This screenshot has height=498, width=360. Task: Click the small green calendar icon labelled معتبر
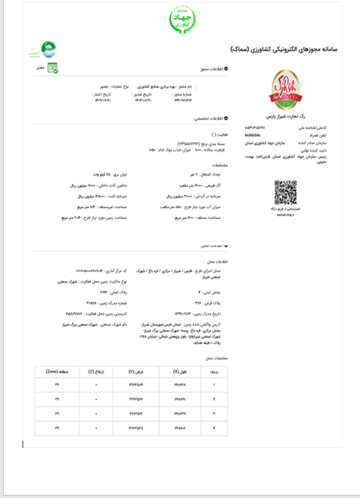coord(52,67)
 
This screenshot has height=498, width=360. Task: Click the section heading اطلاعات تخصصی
coord(212,119)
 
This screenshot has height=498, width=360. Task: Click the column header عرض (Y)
coord(136,371)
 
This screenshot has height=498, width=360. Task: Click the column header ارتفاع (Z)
coord(96,371)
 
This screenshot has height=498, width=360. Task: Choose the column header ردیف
coord(213,371)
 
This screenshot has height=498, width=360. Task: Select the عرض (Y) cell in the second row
coord(136,399)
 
